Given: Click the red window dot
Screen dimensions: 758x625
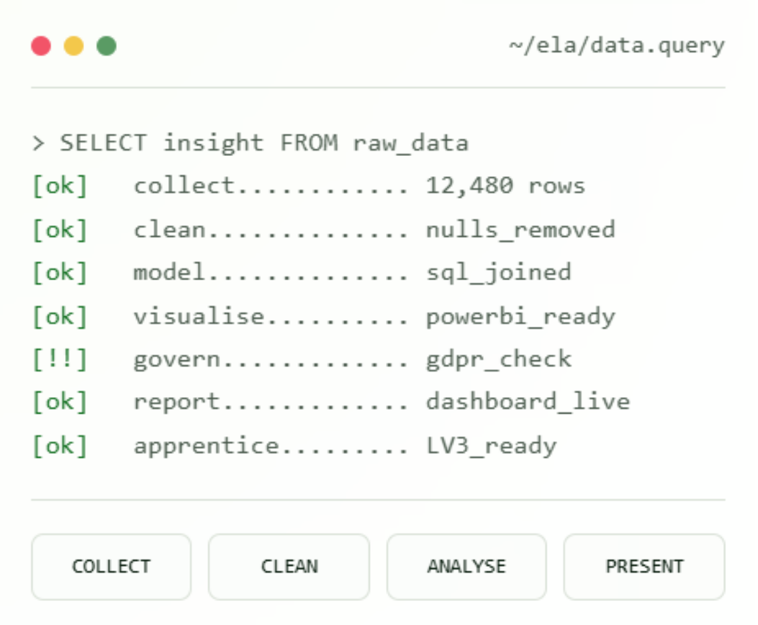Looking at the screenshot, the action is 41,45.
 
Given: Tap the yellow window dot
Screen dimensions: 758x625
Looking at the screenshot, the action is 74,45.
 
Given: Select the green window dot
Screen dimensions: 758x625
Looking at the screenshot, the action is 106,45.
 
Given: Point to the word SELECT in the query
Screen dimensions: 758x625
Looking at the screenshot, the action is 103,143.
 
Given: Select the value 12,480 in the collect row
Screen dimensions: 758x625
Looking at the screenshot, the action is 470,186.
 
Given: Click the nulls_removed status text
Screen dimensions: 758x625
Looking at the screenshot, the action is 520,230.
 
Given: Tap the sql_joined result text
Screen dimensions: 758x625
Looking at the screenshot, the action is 499,273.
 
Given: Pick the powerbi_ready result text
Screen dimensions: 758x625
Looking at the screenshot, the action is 520,316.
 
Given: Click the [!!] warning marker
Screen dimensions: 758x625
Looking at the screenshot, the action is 60,359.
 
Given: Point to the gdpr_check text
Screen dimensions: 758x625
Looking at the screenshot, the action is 499,360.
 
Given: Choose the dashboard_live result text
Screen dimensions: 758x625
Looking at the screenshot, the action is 528,402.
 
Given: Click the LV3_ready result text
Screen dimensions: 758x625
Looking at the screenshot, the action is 491,446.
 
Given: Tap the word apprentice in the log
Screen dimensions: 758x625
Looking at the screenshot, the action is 206,446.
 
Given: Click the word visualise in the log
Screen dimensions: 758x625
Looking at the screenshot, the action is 199,316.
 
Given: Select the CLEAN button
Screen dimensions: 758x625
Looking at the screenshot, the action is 289,566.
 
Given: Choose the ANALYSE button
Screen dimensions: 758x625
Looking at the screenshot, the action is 467,566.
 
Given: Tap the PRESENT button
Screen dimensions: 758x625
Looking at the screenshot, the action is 644,566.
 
